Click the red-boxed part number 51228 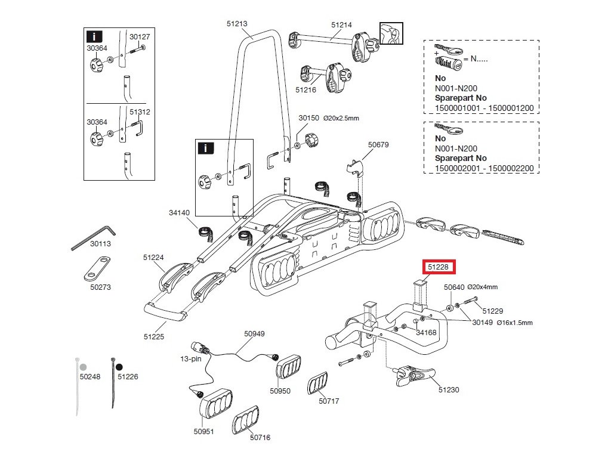tap(439, 267)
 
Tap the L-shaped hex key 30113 tap(94, 238)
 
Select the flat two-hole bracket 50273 tap(97, 268)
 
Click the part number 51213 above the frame tap(237, 24)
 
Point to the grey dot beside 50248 tap(83, 367)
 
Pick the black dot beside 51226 tap(119, 367)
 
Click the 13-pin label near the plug tap(190, 358)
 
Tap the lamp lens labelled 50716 tap(245, 420)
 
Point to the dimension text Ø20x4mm tap(482, 287)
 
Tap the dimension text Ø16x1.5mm tap(515, 323)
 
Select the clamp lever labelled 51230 tap(414, 376)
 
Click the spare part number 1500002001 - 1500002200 tap(485, 168)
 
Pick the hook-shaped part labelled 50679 tap(355, 168)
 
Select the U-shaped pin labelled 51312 tap(138, 128)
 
